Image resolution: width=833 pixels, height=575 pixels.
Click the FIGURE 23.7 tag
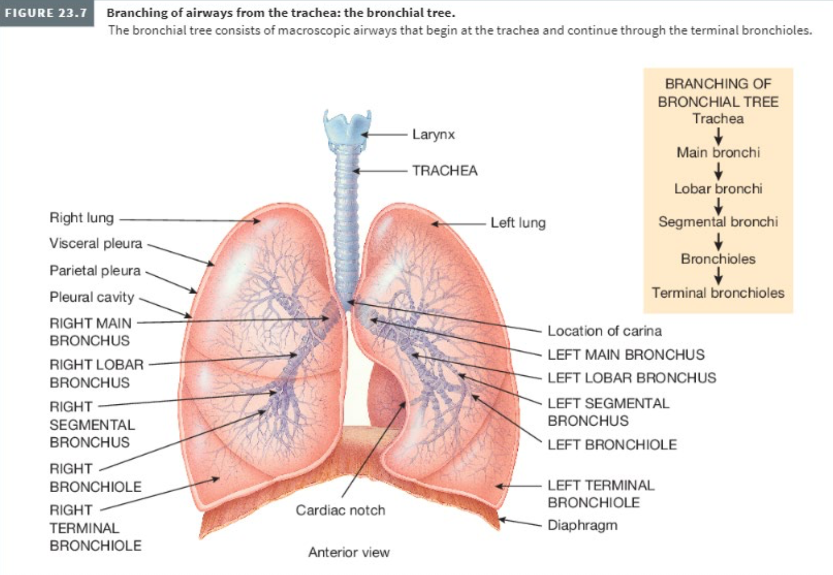(x=47, y=13)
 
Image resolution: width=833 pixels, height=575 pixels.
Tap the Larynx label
(x=433, y=134)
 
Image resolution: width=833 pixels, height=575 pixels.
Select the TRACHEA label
(x=445, y=171)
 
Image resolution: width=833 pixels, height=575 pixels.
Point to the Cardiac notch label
(x=340, y=510)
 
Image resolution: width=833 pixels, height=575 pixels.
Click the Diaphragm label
(x=583, y=526)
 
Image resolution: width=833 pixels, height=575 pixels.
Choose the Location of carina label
(x=605, y=331)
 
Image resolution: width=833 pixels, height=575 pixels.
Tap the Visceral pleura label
(x=96, y=243)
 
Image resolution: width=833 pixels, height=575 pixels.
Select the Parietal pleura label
(x=95, y=270)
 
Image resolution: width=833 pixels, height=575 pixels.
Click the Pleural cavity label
(x=92, y=297)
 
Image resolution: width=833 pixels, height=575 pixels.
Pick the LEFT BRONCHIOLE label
(x=612, y=445)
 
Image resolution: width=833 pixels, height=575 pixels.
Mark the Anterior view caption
(x=349, y=552)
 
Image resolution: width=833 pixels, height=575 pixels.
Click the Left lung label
(x=518, y=223)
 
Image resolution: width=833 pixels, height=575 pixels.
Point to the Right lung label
(x=81, y=218)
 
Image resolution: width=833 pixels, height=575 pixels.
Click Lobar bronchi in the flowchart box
(x=718, y=189)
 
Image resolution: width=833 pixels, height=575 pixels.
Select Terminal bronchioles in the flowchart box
(x=718, y=293)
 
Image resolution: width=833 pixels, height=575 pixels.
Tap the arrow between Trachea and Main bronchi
(x=719, y=136)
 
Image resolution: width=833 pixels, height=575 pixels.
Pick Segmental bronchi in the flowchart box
(x=718, y=222)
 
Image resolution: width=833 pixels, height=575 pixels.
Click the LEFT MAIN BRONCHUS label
(x=626, y=354)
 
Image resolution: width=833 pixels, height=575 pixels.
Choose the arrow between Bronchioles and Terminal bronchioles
(x=719, y=276)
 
